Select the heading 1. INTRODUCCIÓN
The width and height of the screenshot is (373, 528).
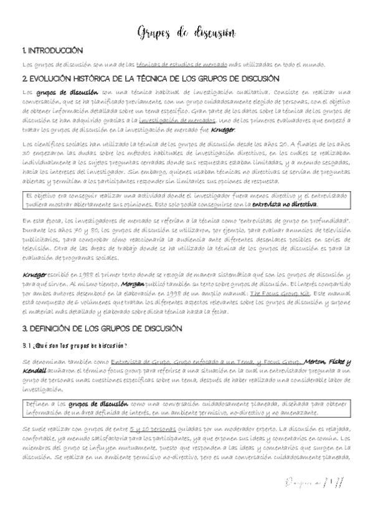tap(52, 50)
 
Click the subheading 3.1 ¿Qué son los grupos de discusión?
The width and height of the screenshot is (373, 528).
tap(74, 346)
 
